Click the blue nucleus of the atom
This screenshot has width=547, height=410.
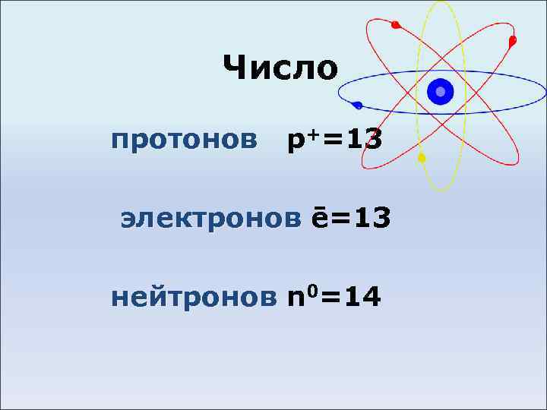(440, 92)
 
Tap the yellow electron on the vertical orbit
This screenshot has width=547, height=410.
(422, 159)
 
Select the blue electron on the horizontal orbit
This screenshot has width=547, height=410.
(358, 106)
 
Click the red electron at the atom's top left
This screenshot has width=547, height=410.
(395, 25)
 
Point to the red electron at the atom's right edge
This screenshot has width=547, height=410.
(513, 39)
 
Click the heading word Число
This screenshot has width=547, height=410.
(280, 68)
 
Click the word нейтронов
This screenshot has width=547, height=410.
(194, 296)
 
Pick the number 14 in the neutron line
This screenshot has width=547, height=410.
(362, 296)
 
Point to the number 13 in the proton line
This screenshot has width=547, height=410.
(362, 140)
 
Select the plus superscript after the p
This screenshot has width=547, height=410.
(311, 134)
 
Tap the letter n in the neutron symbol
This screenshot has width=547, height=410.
(296, 298)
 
